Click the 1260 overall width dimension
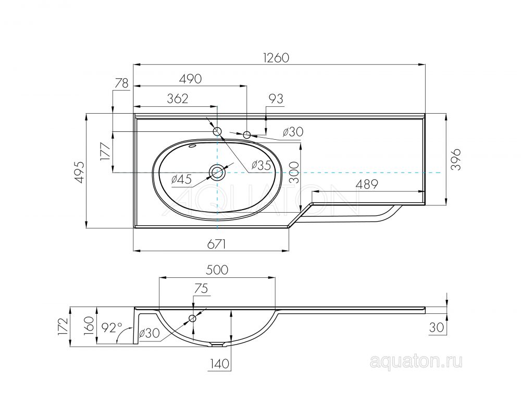point(276,58)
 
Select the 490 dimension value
point(190,79)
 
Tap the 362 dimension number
point(178,99)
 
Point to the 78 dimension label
point(121,83)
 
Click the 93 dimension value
point(276,99)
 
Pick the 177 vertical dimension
point(105,152)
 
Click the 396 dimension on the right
point(456,160)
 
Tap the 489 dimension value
point(367,184)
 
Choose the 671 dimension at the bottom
point(216,245)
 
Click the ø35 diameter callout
point(261,165)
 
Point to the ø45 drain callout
point(182,179)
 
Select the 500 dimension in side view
point(217,270)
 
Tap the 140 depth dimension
point(219,364)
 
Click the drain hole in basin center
point(217,172)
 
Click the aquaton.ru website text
point(416,361)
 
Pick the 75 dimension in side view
point(201,289)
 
